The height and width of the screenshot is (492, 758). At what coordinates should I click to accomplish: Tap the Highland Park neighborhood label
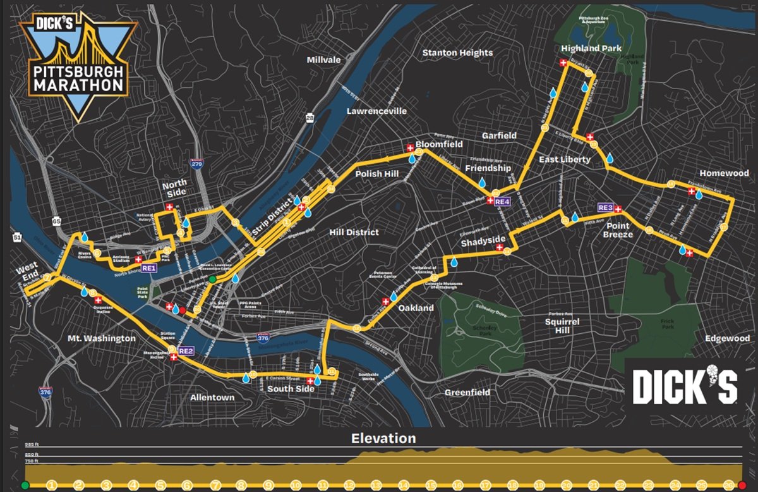pyautogui.click(x=591, y=49)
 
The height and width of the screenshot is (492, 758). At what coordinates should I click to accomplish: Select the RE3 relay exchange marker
pyautogui.click(x=605, y=207)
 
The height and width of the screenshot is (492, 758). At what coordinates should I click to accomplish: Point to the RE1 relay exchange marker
pyautogui.click(x=148, y=268)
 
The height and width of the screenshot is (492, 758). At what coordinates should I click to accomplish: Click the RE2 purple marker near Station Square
pyautogui.click(x=186, y=350)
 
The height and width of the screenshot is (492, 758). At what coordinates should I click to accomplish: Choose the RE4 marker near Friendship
pyautogui.click(x=502, y=201)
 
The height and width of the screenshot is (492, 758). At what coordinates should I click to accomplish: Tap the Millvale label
pyautogui.click(x=323, y=60)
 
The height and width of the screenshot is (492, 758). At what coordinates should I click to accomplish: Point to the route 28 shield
pyautogui.click(x=309, y=118)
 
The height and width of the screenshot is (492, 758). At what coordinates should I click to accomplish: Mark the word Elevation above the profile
pyautogui.click(x=383, y=438)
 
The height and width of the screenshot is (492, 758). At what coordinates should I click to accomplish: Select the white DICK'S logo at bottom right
pyautogui.click(x=685, y=385)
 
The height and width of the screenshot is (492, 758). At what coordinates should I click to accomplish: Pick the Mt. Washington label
pyautogui.click(x=101, y=338)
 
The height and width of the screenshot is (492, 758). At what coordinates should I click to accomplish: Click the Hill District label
pyautogui.click(x=354, y=232)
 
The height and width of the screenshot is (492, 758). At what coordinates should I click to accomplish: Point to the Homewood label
pyautogui.click(x=724, y=173)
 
